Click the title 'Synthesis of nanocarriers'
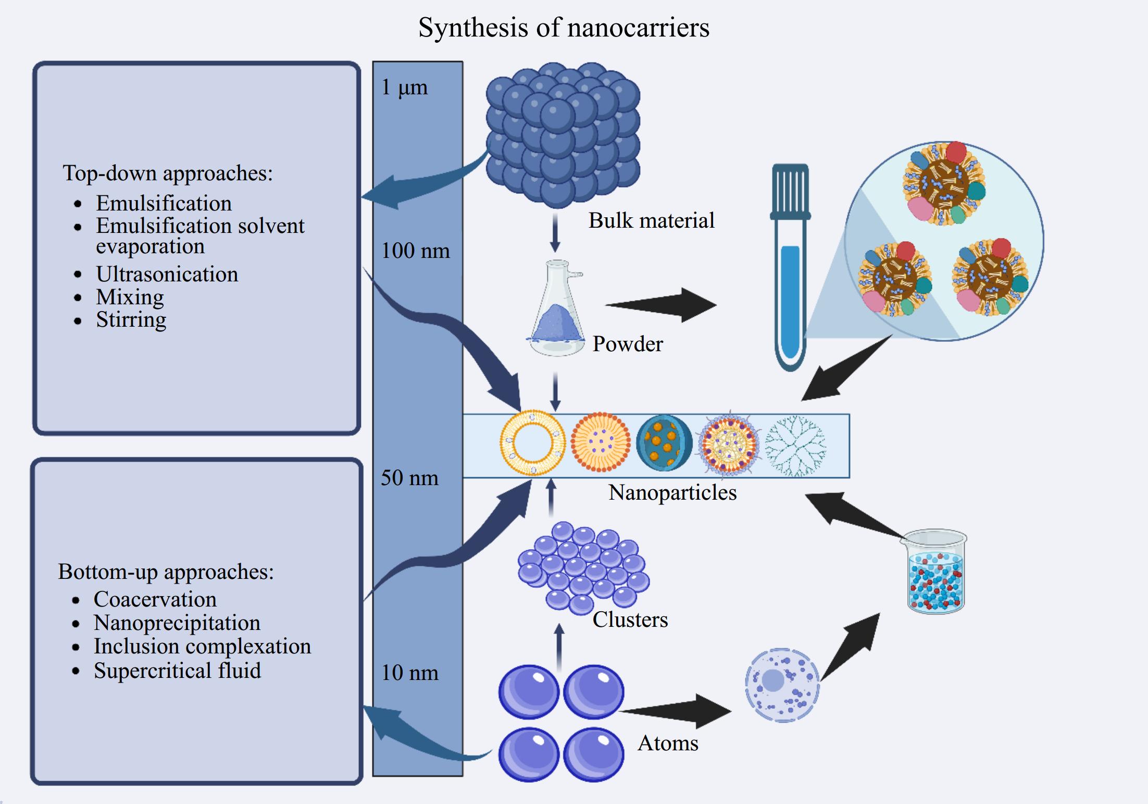tap(564, 27)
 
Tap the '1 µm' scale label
tap(404, 88)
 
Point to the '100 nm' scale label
tap(415, 251)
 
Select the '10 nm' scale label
tap(409, 673)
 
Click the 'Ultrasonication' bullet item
tap(167, 274)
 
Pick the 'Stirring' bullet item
tap(131, 319)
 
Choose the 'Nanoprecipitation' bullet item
tap(177, 623)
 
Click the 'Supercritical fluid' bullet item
tap(177, 670)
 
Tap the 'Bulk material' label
tap(651, 220)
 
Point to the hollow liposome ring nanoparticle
tap(532, 443)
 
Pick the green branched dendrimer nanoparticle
tap(795, 446)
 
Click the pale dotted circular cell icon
tap(781, 685)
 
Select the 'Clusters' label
tap(630, 620)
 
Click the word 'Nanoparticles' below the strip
tap(672, 492)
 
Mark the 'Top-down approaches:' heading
tap(167, 173)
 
